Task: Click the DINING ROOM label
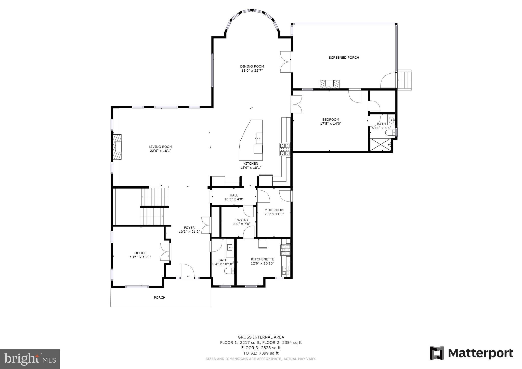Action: (x=252, y=67)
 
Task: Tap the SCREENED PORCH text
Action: (x=344, y=58)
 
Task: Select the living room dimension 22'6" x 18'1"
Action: (x=161, y=151)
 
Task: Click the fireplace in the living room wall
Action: (x=118, y=147)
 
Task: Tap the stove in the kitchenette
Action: (x=285, y=250)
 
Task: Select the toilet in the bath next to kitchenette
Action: (x=229, y=271)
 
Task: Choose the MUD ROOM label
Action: (x=274, y=210)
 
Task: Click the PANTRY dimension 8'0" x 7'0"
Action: (x=242, y=224)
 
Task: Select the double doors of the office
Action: (x=165, y=252)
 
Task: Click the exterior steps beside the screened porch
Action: (x=405, y=80)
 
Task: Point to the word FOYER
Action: (x=189, y=228)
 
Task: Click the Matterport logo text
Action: (x=480, y=353)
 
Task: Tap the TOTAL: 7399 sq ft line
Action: (x=261, y=353)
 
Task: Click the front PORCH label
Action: (x=160, y=298)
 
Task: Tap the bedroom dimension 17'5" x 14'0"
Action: (x=331, y=124)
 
